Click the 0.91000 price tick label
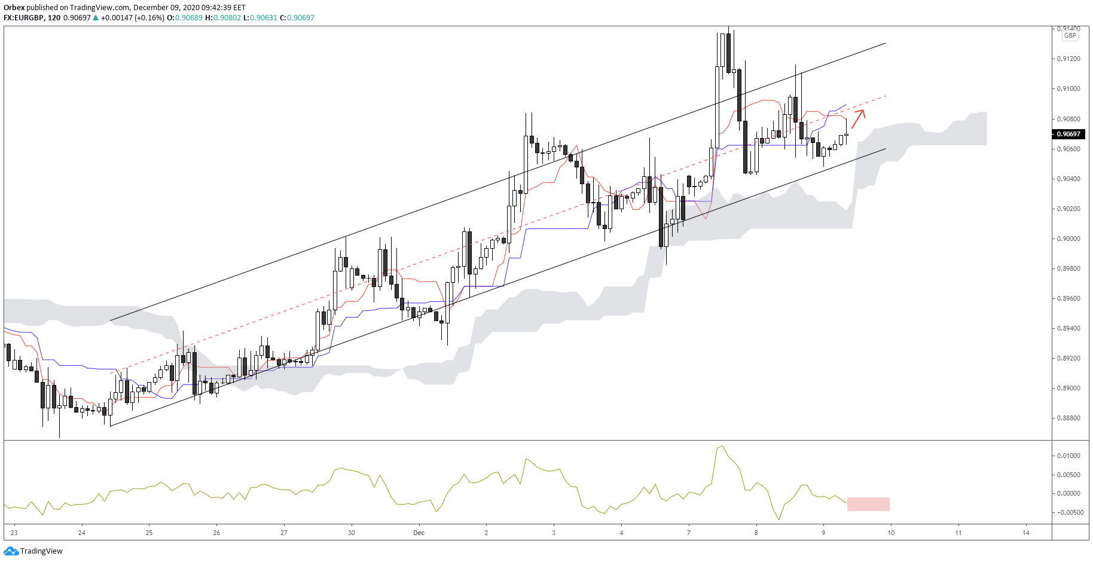coord(1068,89)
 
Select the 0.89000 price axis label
coord(1068,389)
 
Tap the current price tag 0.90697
coord(1068,134)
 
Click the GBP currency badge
coord(1070,35)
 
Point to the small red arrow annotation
coord(858,119)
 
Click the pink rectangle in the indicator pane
coord(868,504)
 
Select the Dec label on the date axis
coord(419,533)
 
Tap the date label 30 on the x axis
coord(352,533)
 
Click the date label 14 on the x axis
coord(1026,533)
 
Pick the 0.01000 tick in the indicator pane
coord(1068,456)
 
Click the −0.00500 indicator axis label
coord(1067,512)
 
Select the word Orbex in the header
coord(14,8)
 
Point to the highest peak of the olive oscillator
coord(723,446)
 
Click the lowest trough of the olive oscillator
coord(779,519)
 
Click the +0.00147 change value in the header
coord(117,18)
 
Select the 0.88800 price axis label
coord(1068,419)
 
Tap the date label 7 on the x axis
coord(689,533)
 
